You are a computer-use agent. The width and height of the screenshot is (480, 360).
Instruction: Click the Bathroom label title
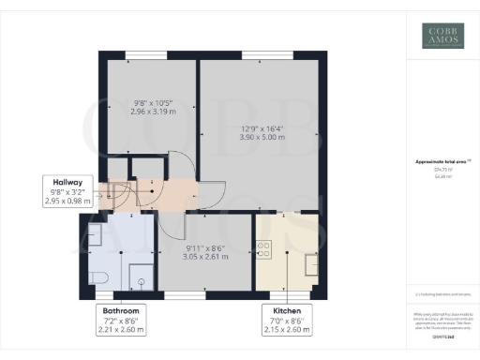[x=122, y=310]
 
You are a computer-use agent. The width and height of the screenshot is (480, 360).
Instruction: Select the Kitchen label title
[x=286, y=310]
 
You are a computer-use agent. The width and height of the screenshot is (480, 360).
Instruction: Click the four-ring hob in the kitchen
[x=264, y=249]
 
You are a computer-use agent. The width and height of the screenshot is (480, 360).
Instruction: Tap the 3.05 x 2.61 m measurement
[x=203, y=256]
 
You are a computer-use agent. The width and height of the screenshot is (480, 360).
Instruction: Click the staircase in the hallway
[x=119, y=195]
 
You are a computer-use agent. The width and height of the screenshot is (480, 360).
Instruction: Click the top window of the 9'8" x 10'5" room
[x=149, y=53]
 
